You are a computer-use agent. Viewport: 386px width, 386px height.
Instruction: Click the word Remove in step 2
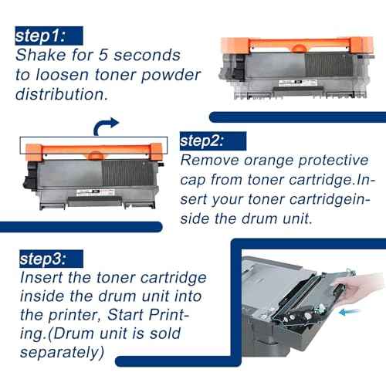(209, 160)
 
